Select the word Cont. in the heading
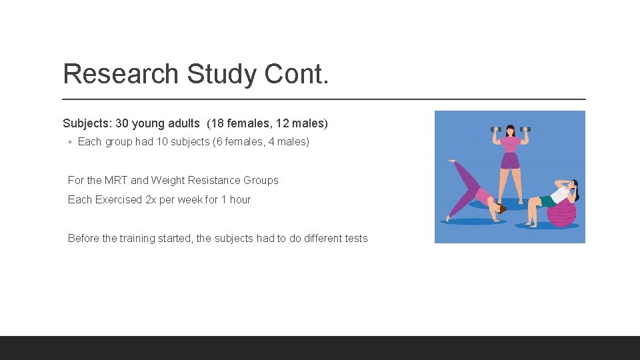(x=297, y=74)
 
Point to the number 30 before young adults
(x=122, y=123)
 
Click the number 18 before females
(x=217, y=123)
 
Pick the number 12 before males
(x=279, y=123)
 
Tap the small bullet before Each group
(x=70, y=142)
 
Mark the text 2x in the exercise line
(x=151, y=199)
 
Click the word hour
(x=240, y=199)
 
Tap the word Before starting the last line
(x=83, y=238)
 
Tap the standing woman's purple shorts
(x=510, y=161)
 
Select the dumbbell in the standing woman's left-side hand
(x=495, y=129)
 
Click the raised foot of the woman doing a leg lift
(x=452, y=161)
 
